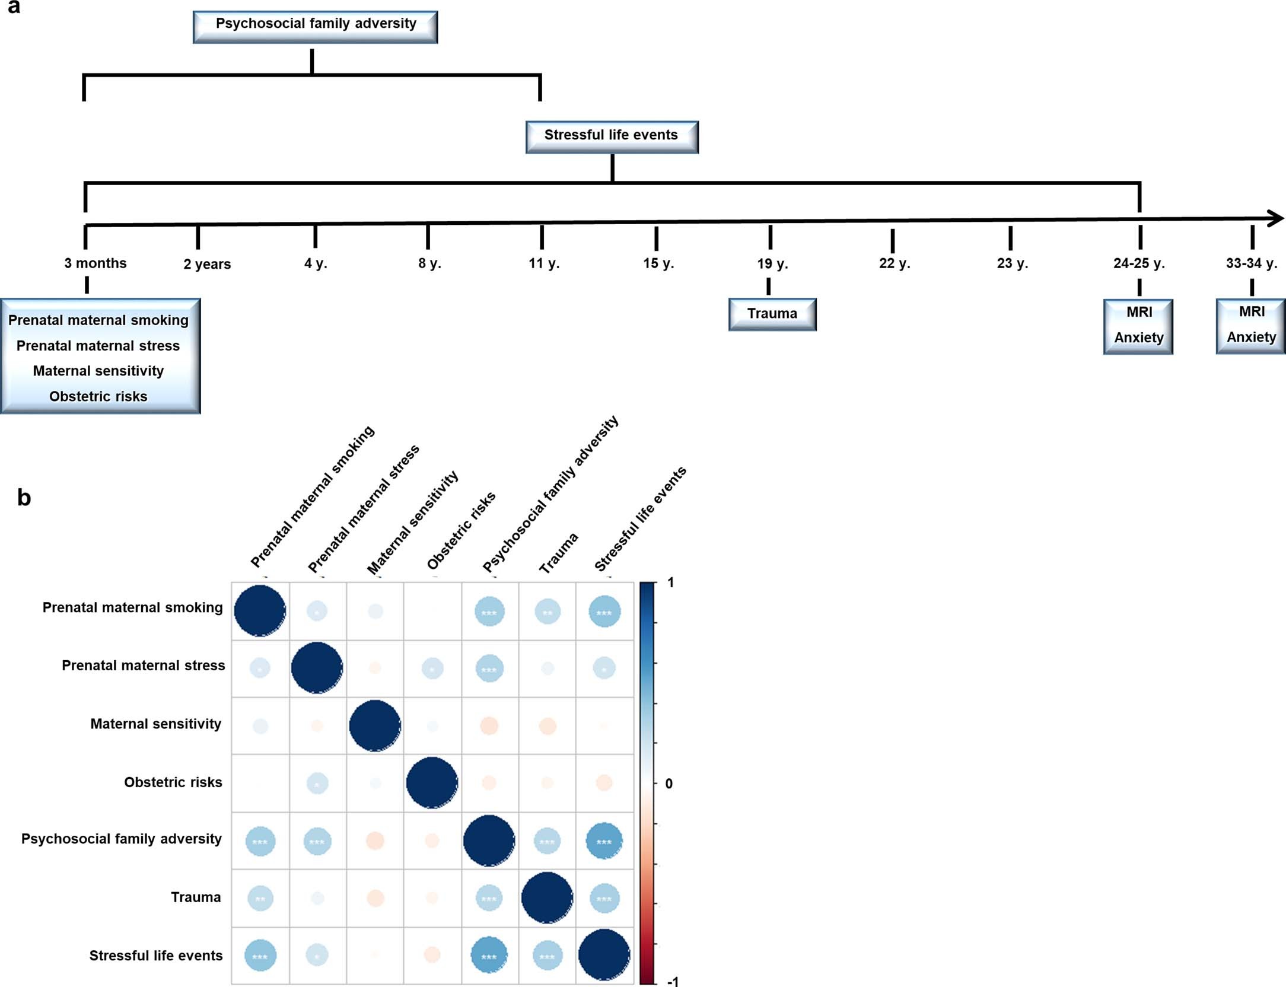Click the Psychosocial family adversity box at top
[315, 26]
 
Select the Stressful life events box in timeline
[612, 137]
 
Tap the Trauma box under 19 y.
[772, 314]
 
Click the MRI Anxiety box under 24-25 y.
[1138, 326]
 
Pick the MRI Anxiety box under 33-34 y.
[1250, 326]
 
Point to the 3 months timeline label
[96, 263]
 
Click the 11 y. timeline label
[544, 263]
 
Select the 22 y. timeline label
[894, 263]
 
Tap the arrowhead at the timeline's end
[1276, 218]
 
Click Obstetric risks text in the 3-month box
[98, 396]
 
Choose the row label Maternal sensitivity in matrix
[155, 724]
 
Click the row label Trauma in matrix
[196, 897]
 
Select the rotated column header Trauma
[558, 553]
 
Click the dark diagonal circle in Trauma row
[547, 897]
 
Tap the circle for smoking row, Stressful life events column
[604, 612]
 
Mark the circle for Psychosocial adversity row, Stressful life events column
[604, 841]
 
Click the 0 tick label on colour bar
[669, 784]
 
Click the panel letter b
[24, 497]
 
